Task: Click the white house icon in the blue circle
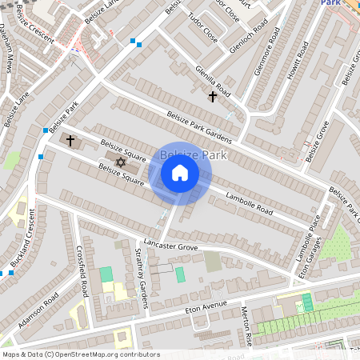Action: (x=180, y=173)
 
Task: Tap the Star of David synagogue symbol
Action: (x=121, y=162)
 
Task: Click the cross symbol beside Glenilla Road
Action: (x=213, y=97)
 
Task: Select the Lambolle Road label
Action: (x=249, y=204)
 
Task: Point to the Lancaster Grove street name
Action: (x=170, y=246)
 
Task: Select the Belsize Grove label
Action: (x=317, y=141)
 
